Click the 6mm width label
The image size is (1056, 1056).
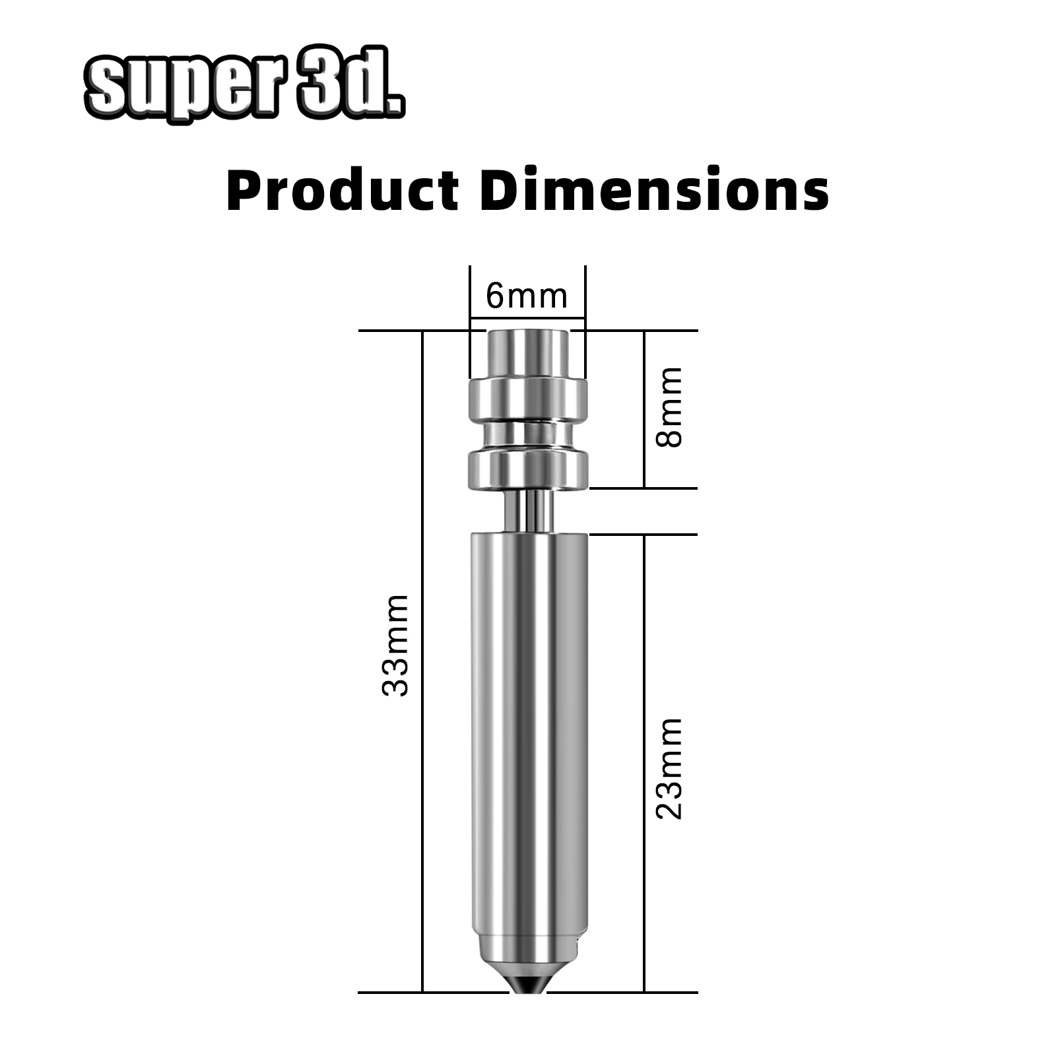pyautogui.click(x=527, y=296)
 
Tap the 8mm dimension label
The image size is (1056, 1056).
pyautogui.click(x=669, y=407)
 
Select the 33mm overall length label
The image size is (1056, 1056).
pyautogui.click(x=395, y=645)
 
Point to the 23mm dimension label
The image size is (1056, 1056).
pyautogui.click(x=669, y=768)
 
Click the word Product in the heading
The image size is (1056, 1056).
pyautogui.click(x=343, y=190)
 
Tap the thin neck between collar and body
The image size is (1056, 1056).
pyautogui.click(x=528, y=511)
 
